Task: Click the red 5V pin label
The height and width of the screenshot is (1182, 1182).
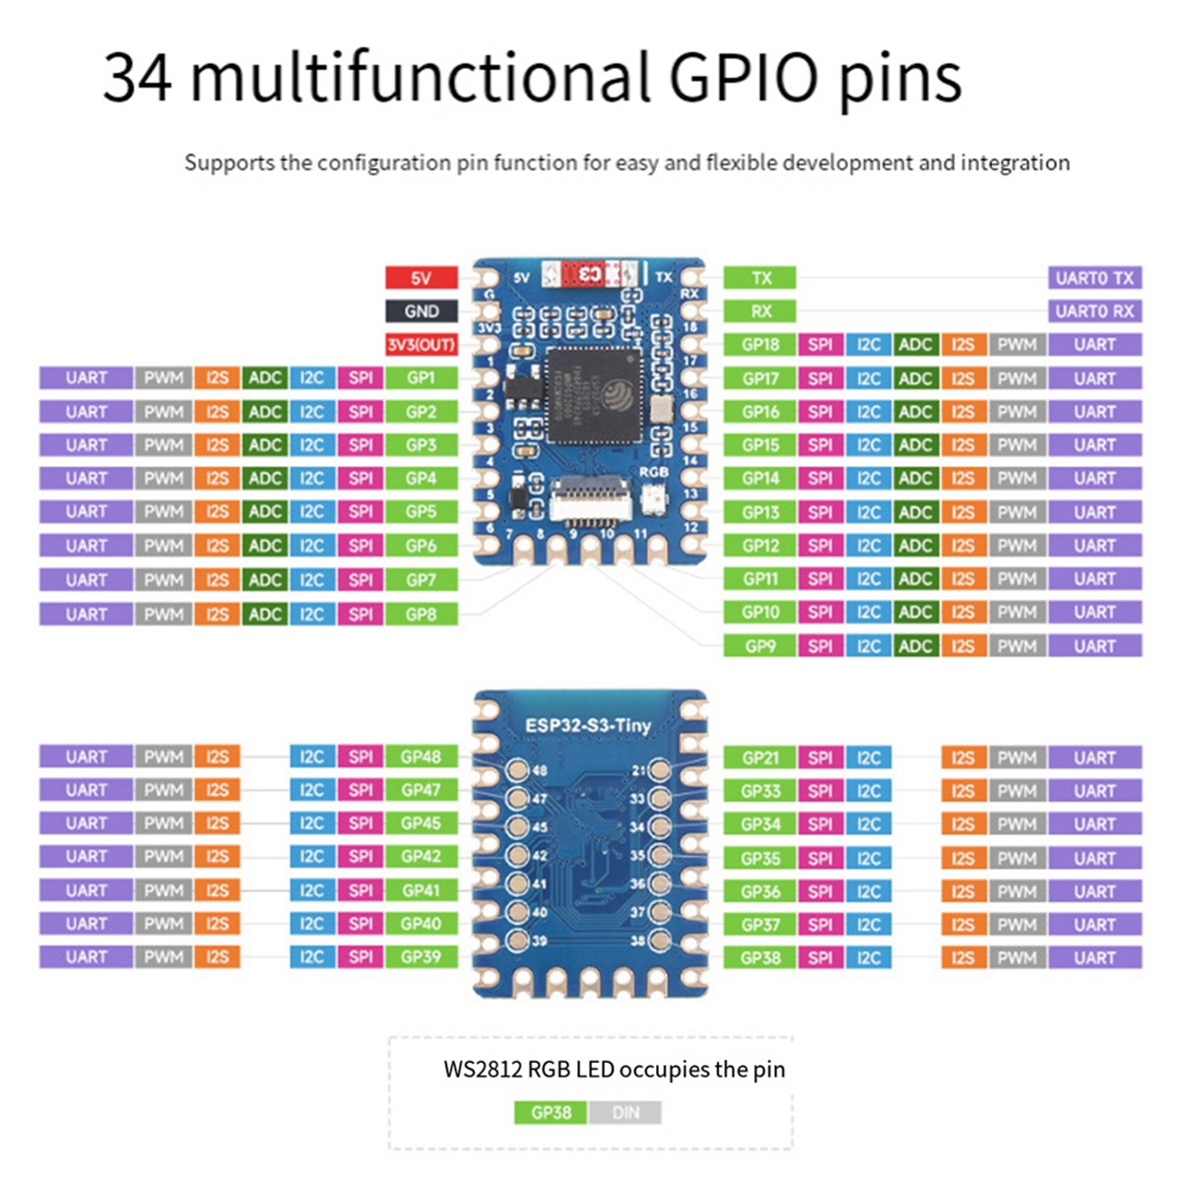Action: tap(421, 278)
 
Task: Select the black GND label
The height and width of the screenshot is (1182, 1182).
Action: tap(421, 311)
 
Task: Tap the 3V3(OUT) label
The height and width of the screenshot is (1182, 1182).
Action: tap(421, 345)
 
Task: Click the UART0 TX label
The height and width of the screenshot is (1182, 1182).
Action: tap(1094, 278)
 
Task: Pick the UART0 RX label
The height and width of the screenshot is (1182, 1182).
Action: tap(1094, 311)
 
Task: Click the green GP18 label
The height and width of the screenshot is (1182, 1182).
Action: tap(760, 345)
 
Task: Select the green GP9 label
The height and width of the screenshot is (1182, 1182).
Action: tap(760, 646)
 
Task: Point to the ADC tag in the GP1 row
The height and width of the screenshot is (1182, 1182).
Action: tap(265, 377)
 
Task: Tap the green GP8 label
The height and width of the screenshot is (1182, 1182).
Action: tap(421, 614)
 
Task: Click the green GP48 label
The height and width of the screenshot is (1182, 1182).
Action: tap(421, 756)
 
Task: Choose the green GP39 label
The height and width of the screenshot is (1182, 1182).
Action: tap(421, 956)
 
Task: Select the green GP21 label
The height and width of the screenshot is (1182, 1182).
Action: tap(760, 757)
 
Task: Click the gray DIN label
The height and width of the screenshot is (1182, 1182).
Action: tap(625, 1113)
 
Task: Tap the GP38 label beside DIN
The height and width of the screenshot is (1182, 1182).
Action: tap(551, 1113)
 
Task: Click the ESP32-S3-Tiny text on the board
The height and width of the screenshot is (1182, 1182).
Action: tap(588, 726)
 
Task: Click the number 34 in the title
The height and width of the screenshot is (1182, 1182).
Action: tap(138, 79)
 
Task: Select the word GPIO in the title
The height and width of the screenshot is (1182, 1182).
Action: tap(744, 79)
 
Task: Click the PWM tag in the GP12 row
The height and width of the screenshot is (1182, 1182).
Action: tap(1017, 546)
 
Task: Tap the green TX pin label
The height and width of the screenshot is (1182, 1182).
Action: tap(760, 278)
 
